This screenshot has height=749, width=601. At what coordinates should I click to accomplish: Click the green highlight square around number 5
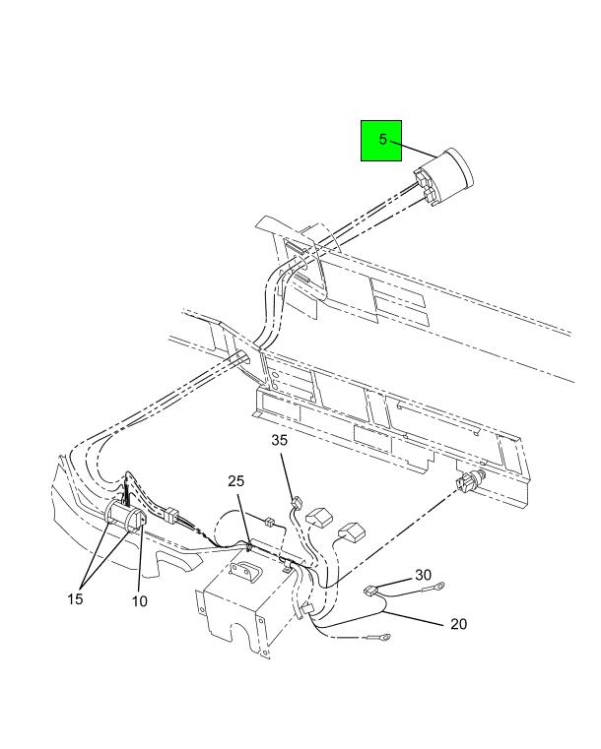[x=381, y=141]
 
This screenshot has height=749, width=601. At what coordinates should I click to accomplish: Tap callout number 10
[x=140, y=601]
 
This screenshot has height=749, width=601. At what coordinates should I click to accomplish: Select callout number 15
[x=75, y=598]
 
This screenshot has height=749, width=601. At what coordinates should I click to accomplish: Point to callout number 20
[x=458, y=624]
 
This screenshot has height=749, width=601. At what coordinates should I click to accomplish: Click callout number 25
[x=235, y=481]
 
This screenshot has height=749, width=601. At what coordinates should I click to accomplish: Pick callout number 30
[x=423, y=575]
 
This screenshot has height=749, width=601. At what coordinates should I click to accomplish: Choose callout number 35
[x=279, y=440]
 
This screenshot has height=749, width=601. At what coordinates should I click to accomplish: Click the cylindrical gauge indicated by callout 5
[x=443, y=177]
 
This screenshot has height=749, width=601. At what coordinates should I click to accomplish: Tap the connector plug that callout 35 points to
[x=297, y=503]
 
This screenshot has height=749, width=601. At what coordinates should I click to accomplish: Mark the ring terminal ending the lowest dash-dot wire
[x=382, y=637]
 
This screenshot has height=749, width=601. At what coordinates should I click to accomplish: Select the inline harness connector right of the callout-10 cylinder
[x=170, y=515]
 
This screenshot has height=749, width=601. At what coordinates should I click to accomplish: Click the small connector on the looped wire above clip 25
[x=269, y=521]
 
